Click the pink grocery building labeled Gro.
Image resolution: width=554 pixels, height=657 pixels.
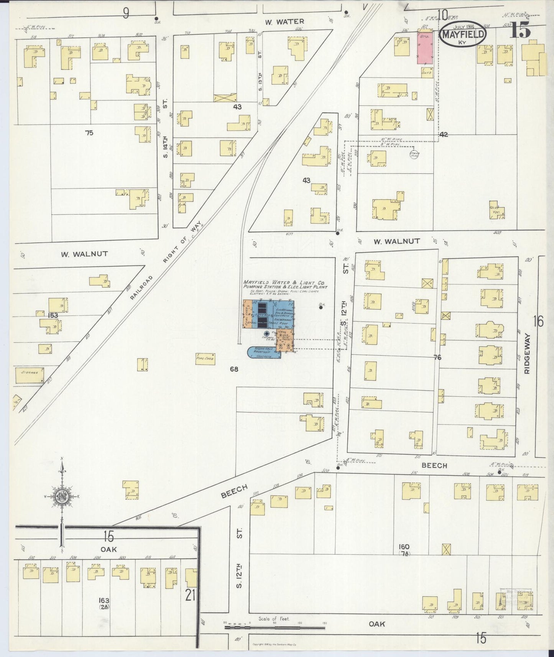(x=425, y=48)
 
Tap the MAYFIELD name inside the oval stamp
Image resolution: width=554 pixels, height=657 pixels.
(x=463, y=34)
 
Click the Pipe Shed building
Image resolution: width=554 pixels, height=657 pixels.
(x=205, y=358)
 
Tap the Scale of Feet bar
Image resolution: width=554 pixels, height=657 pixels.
(x=275, y=627)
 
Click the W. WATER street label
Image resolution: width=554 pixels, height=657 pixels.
(x=284, y=22)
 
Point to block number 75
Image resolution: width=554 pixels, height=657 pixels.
(x=89, y=133)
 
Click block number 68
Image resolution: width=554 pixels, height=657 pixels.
(x=234, y=369)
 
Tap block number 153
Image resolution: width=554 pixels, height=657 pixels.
(x=53, y=315)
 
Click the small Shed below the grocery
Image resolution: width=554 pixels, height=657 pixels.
(x=426, y=72)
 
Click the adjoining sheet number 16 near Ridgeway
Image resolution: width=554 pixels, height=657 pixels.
(x=538, y=321)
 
